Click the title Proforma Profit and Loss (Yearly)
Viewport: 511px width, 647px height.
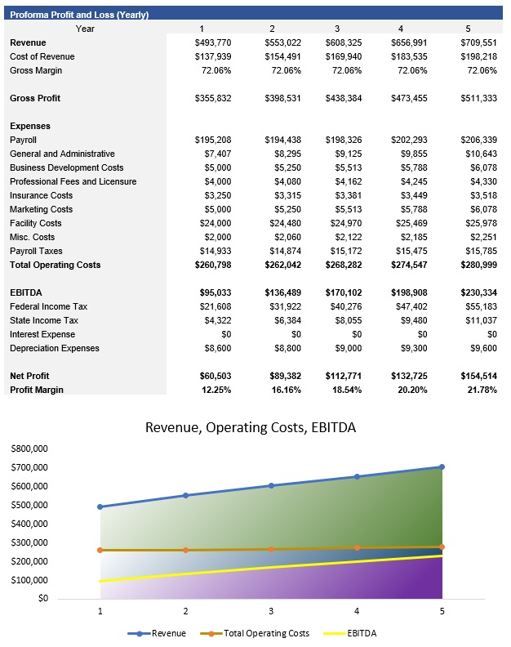79,15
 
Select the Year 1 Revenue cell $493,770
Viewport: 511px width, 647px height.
211,42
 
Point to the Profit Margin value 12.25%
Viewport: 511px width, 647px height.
215,390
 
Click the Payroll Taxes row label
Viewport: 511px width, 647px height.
36,251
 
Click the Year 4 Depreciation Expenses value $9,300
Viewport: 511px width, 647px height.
413,348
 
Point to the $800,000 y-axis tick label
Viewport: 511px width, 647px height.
29,449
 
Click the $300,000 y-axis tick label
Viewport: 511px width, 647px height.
29,542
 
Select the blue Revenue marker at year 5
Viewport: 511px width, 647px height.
442,467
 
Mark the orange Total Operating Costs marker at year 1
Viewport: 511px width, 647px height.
100,550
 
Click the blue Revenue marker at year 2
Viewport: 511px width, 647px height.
185,495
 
